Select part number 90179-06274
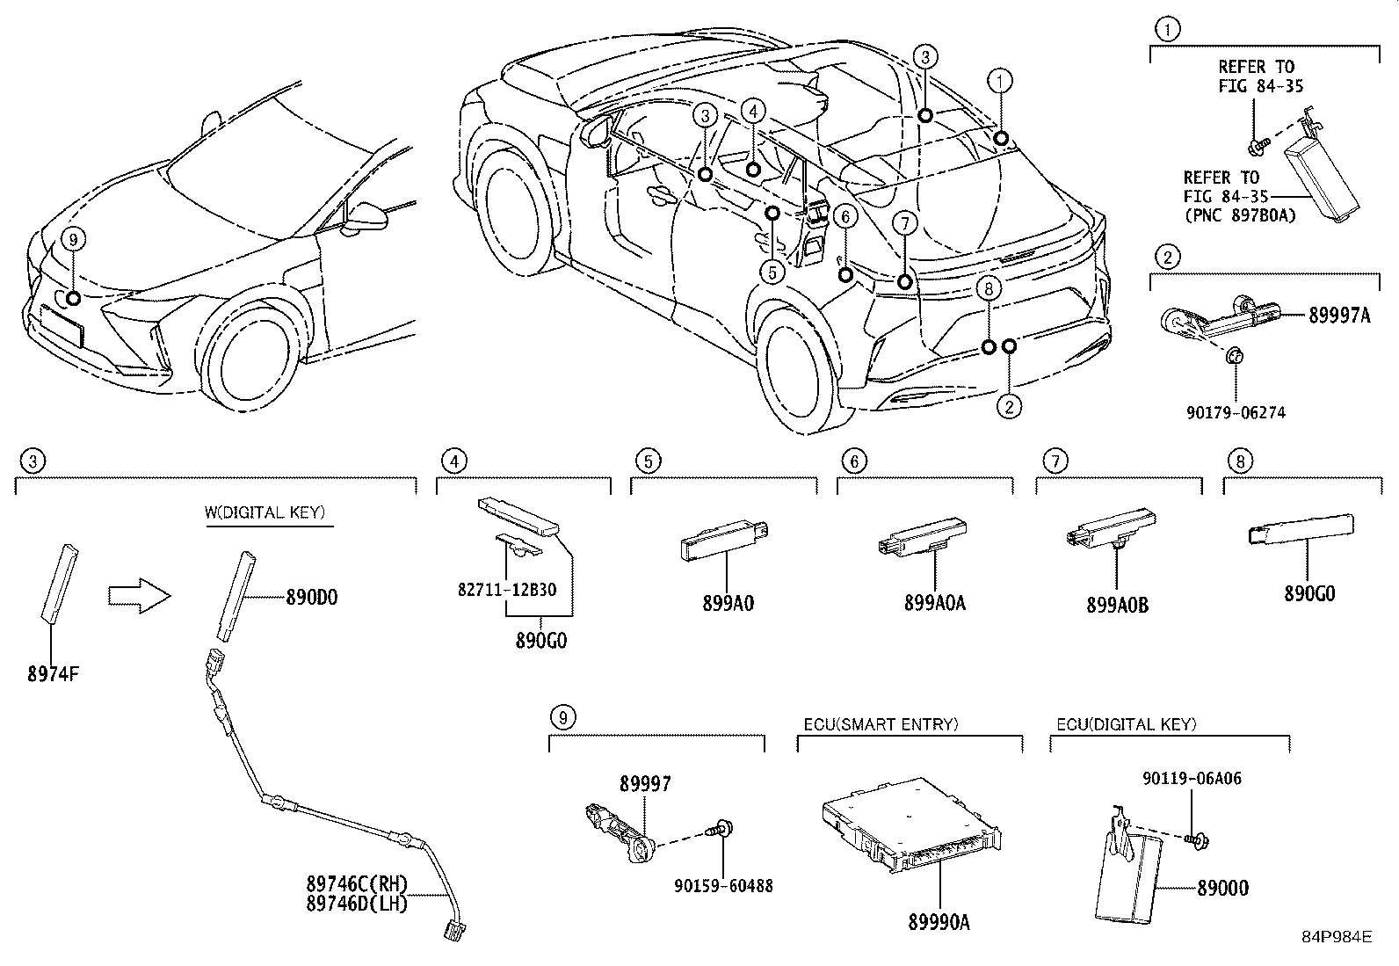(x=1234, y=411)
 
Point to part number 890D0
(x=311, y=598)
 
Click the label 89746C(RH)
(x=357, y=885)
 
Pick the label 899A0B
(x=1117, y=605)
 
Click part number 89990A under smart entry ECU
(x=939, y=922)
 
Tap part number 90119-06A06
(x=1192, y=779)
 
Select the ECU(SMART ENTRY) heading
(x=881, y=724)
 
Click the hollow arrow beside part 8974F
(x=139, y=596)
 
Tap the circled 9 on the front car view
(x=73, y=239)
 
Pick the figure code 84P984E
(x=1337, y=937)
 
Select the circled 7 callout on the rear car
(x=904, y=224)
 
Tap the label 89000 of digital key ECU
(x=1221, y=889)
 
